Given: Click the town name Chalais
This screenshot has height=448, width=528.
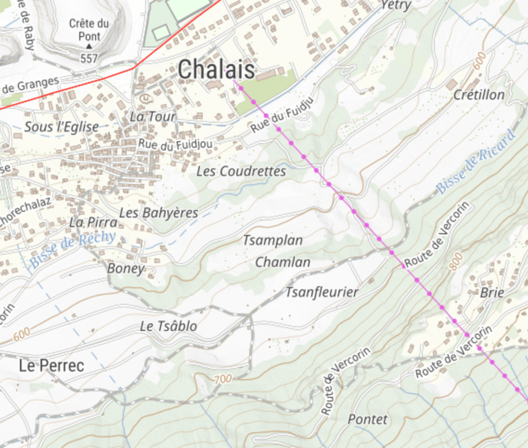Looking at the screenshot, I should [216, 69].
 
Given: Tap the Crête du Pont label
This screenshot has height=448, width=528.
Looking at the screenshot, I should [89, 30].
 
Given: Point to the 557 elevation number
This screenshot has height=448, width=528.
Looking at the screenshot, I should [89, 58].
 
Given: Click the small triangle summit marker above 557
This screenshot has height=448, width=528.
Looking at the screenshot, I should [89, 47].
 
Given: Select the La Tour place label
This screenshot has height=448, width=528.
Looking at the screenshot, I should [153, 117].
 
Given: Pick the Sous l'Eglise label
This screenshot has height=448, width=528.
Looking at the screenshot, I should [61, 127].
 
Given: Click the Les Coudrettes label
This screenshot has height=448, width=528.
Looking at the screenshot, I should [241, 171].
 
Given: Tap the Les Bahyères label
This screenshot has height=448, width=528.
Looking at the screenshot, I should [158, 213].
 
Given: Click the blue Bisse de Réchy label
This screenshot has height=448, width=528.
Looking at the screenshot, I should [72, 250].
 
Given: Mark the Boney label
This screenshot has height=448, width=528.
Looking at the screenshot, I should [126, 268].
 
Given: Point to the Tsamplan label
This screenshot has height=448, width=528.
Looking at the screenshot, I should [273, 240].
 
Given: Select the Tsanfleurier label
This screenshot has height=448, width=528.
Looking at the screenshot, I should [322, 292].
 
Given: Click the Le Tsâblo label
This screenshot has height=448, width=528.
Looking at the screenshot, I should [168, 326].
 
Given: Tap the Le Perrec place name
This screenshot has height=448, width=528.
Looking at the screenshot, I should [52, 365].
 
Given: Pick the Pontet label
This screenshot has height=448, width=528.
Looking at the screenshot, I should [367, 419].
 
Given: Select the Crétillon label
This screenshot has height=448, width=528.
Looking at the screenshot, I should [478, 95].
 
